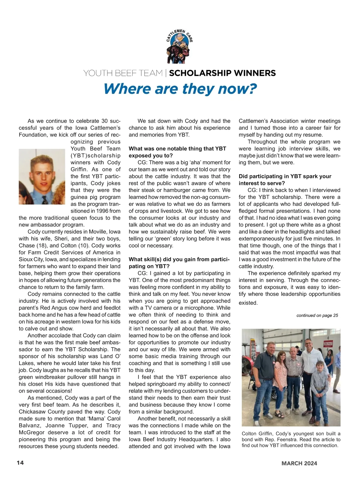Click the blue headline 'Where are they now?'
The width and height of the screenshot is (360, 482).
pos(180,89)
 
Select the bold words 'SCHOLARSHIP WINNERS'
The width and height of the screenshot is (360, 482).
pos(222,73)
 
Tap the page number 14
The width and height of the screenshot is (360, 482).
pos(20,462)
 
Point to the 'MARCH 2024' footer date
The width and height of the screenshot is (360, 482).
pos(299,463)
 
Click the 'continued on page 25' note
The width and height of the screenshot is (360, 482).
pos(317,315)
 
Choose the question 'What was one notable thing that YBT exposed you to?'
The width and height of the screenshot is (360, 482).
pos(177,152)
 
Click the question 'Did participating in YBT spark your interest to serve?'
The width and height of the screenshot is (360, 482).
pos(285,179)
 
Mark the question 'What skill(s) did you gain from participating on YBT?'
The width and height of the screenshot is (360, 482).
pos(179,263)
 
